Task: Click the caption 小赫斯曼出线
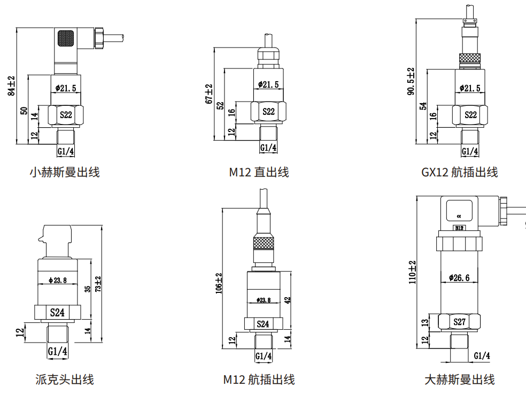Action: (64, 172)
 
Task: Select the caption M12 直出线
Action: (259, 172)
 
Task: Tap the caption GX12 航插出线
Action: (459, 172)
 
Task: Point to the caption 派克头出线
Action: (64, 379)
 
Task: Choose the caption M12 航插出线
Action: (259, 379)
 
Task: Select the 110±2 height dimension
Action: (412, 273)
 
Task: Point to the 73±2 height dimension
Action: (98, 284)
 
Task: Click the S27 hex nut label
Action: (459, 322)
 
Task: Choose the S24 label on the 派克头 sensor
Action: (57, 313)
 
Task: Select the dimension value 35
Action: (87, 289)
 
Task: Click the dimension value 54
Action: (423, 106)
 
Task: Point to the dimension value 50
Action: (23, 111)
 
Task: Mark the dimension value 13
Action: (424, 322)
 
